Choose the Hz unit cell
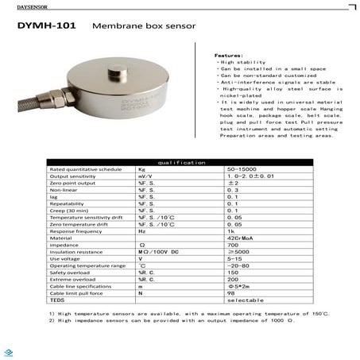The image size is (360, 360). coord(141,230)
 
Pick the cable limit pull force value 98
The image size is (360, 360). coord(231,292)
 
